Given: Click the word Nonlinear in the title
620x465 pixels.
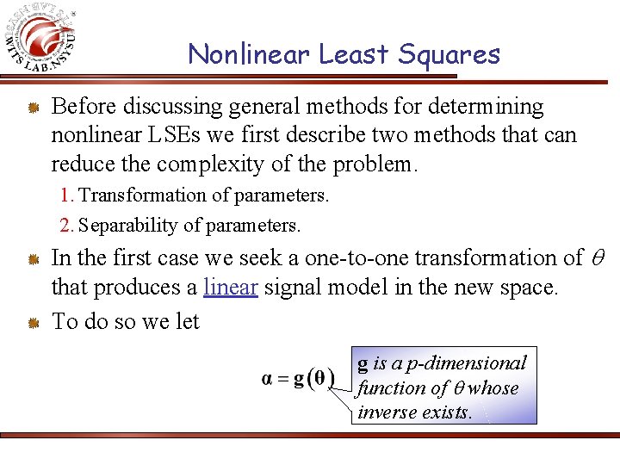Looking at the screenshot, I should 250,55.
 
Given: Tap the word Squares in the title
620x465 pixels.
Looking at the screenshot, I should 449,55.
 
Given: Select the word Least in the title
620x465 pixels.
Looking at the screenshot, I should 356,55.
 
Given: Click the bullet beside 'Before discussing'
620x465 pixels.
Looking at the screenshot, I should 31,108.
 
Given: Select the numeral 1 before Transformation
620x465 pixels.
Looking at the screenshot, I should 65,195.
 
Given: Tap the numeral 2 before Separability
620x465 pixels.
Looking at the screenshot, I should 65,226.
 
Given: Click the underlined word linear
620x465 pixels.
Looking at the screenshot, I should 231,287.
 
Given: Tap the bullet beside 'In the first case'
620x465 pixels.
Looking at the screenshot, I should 31,259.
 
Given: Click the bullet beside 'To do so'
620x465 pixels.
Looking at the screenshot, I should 31,323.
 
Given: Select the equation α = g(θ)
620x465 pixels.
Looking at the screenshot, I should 298,379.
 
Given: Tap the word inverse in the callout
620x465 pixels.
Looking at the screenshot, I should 384,412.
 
